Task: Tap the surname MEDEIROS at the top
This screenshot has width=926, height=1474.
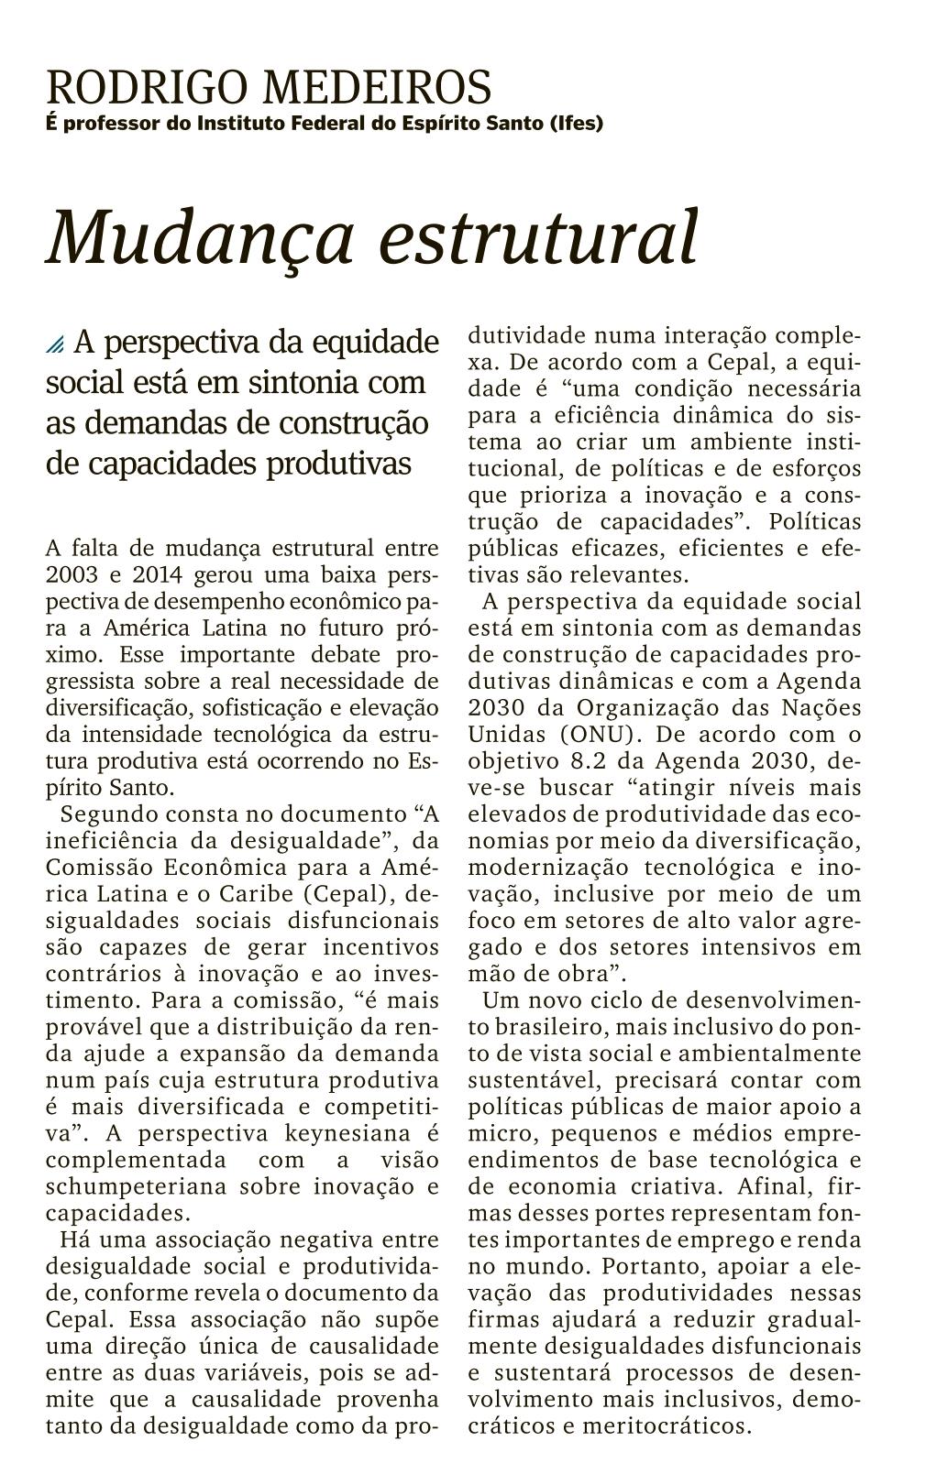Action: (x=377, y=88)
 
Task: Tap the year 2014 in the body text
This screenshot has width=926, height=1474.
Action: (x=160, y=575)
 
